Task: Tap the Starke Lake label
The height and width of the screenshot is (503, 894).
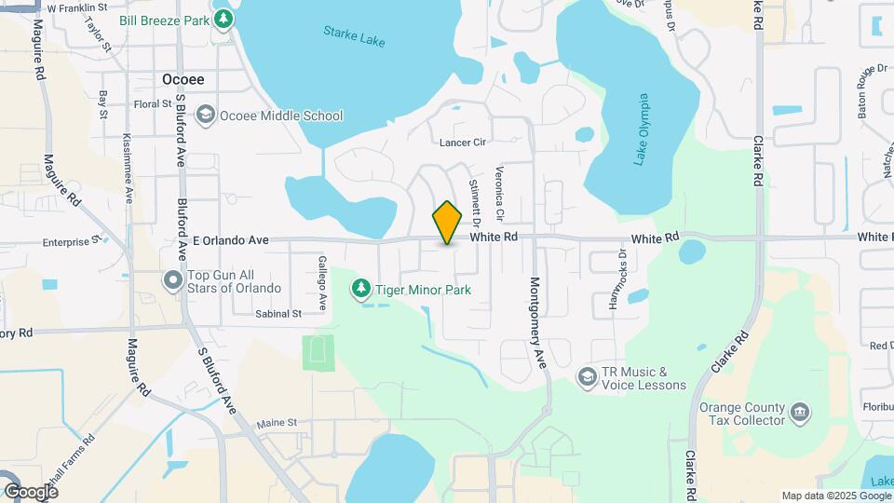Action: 354,36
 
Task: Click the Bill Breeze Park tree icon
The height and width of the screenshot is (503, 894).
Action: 223,18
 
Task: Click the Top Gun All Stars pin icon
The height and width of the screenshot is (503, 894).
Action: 172,280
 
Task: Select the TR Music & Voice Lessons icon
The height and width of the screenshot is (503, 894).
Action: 587,376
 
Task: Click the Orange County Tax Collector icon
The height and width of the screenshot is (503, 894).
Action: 799,412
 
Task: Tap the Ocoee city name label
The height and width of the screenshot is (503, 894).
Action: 183,80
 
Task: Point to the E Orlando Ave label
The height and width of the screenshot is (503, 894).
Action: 230,240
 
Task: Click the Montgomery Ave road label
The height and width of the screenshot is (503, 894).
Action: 536,322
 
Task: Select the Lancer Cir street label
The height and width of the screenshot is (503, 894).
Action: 463,143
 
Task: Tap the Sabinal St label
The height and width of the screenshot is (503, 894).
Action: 278,314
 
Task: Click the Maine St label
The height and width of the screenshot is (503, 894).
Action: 278,423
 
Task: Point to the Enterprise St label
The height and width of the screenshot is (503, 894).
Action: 71,242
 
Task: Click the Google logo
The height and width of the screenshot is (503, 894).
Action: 31,491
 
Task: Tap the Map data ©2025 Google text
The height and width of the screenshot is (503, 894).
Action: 835,496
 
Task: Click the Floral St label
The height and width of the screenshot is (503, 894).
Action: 149,104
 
